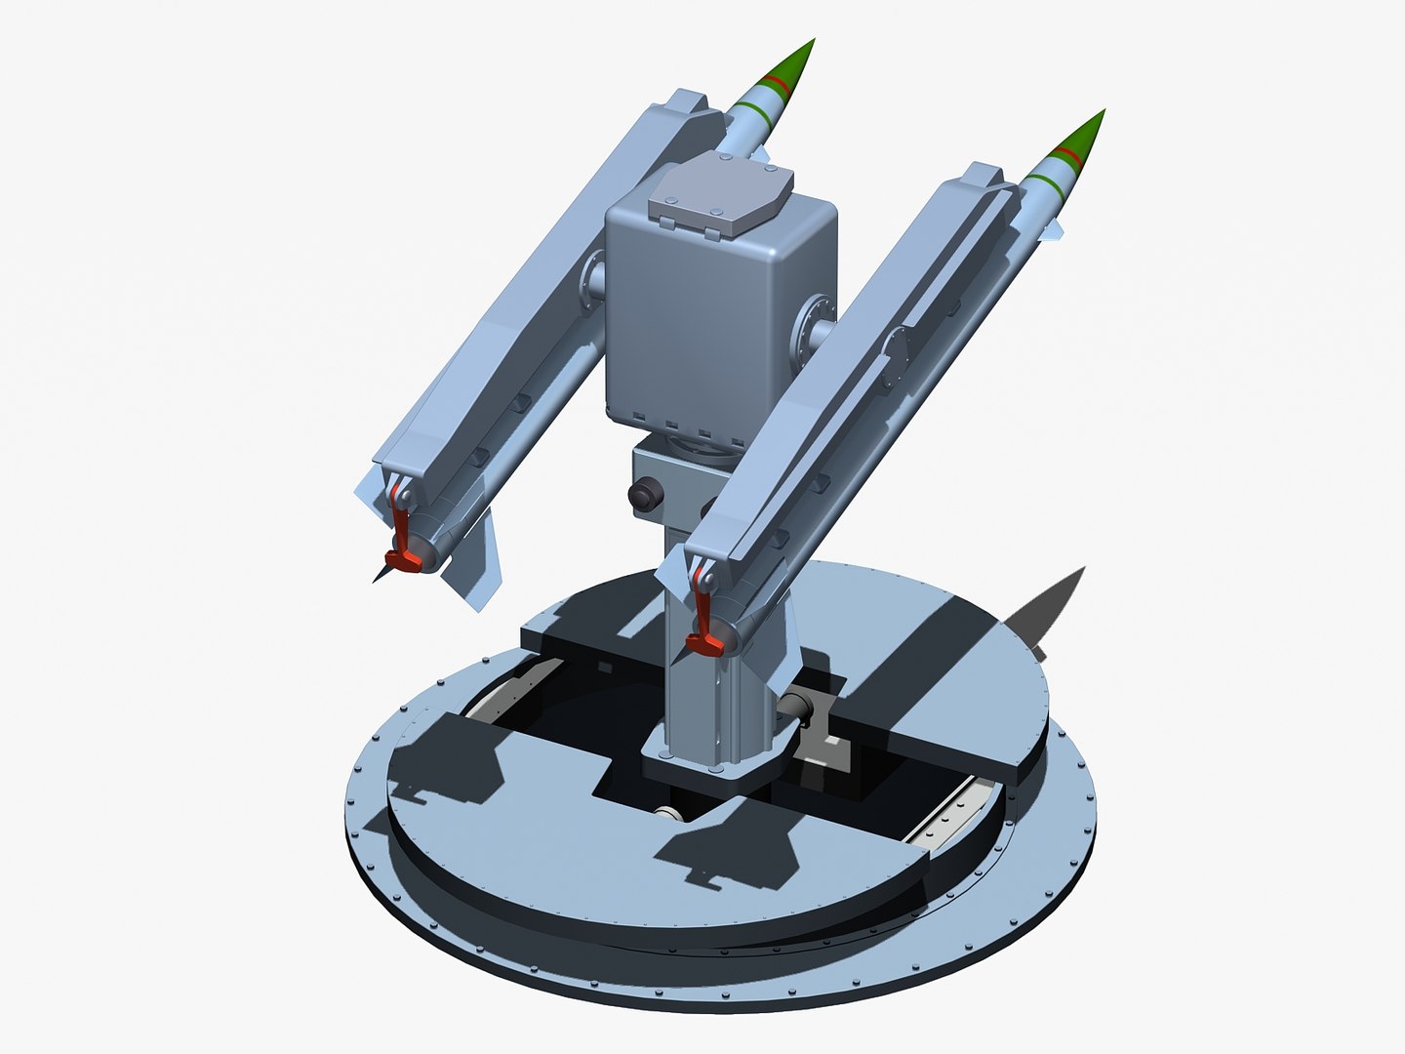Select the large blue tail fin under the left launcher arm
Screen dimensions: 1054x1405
[x=476, y=566]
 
